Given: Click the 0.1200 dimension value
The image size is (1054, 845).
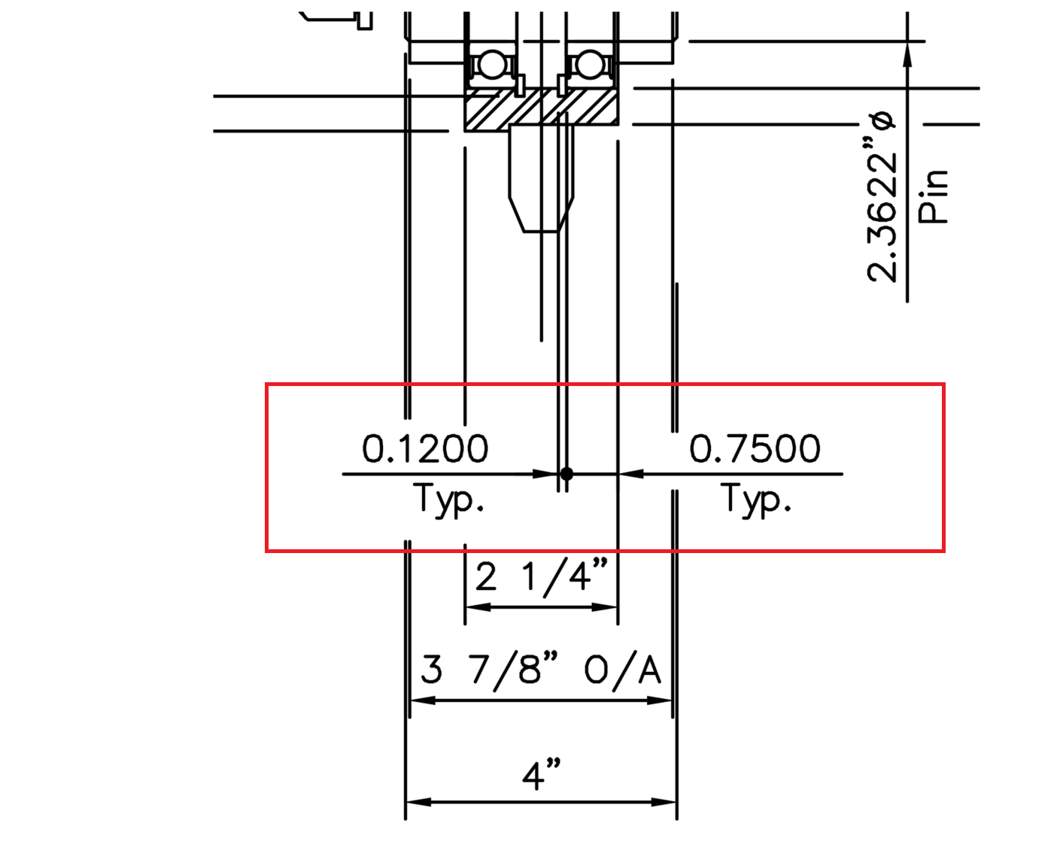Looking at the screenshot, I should (x=425, y=449).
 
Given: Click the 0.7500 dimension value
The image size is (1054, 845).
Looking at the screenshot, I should (x=755, y=449).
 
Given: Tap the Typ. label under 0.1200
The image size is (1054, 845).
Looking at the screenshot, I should (x=448, y=499).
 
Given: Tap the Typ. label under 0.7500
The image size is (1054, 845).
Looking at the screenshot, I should (x=756, y=499).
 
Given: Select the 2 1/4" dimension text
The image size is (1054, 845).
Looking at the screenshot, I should (x=541, y=577).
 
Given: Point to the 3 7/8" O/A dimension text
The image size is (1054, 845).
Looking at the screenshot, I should (x=541, y=669).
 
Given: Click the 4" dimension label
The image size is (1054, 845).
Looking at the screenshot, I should (x=542, y=774).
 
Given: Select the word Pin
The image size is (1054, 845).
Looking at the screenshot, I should (x=934, y=196).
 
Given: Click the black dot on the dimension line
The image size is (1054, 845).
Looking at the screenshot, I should (x=566, y=474).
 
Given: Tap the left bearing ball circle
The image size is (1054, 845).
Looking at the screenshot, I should (x=492, y=65).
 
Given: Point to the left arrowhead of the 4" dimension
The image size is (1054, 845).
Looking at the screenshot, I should (x=418, y=802).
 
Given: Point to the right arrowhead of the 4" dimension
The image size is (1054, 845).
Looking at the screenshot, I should (x=664, y=802).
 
